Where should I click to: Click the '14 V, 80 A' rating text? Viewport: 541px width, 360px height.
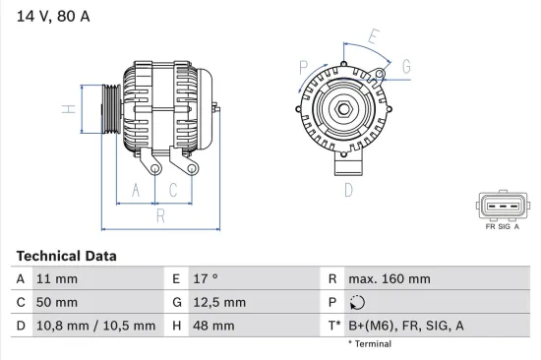pos(48,17)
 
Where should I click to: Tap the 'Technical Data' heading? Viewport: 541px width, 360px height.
pos(66,256)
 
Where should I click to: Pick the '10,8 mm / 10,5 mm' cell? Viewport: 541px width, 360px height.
pos(96,326)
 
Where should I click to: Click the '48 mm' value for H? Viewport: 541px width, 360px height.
pos(215,326)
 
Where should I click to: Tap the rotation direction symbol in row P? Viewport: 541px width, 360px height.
pos(357,302)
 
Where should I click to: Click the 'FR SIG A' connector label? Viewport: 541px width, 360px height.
pos(502,225)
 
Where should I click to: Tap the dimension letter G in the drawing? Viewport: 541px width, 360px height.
pos(406,66)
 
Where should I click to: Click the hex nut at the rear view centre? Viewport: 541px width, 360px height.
pos(346,109)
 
